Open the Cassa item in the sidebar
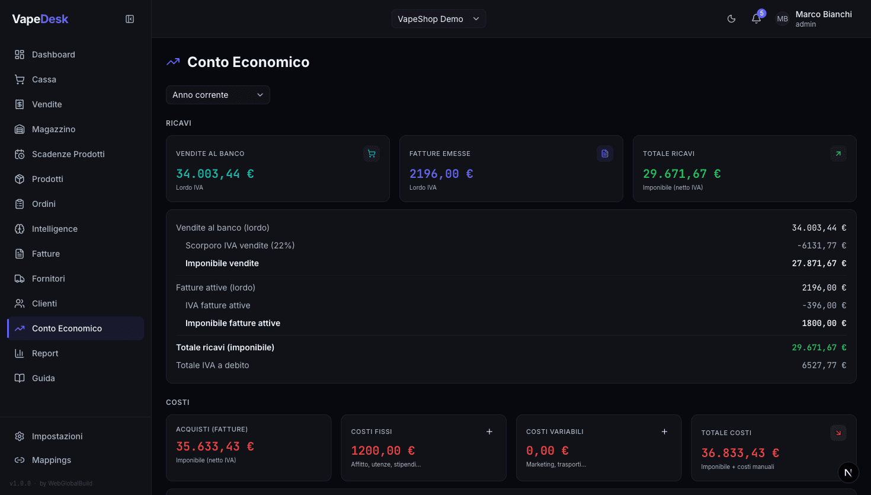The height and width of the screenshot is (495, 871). (x=44, y=79)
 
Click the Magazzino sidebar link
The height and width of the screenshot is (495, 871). (x=53, y=129)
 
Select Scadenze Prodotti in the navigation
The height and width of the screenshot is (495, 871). (x=68, y=154)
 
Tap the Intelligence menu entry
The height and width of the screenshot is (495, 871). (x=55, y=229)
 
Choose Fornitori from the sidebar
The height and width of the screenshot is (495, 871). (x=49, y=279)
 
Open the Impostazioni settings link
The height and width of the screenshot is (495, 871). (x=57, y=436)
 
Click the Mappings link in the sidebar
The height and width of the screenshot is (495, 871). (x=52, y=460)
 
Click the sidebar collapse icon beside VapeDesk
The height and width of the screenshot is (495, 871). (x=130, y=19)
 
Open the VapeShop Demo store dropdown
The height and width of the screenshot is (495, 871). (x=438, y=19)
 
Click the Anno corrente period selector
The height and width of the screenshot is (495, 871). (x=217, y=95)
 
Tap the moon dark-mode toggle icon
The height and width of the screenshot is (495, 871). (x=731, y=19)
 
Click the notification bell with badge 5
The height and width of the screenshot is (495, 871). (x=756, y=19)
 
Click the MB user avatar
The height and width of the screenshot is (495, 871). (x=782, y=19)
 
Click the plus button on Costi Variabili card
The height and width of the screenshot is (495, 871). (x=664, y=432)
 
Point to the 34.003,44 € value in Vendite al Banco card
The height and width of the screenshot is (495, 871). (x=215, y=174)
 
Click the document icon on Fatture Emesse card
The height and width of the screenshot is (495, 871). (x=604, y=154)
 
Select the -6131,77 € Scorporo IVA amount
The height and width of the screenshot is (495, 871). (x=821, y=245)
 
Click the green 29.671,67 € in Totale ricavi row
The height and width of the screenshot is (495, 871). (x=819, y=347)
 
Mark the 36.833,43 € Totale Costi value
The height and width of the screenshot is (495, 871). (x=740, y=453)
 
